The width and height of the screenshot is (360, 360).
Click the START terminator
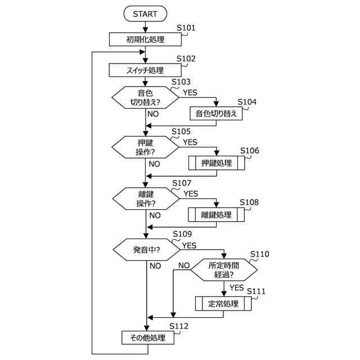click(145, 13)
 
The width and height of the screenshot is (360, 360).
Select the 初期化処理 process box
click(145, 39)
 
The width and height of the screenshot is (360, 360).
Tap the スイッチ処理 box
click(145, 70)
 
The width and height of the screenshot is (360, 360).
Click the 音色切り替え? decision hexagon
click(145, 97)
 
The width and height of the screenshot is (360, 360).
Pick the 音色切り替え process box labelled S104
click(216, 114)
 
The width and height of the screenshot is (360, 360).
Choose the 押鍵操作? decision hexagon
click(145, 147)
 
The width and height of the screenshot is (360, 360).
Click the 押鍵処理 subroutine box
click(217, 163)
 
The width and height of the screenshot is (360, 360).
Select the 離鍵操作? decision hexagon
click(146, 199)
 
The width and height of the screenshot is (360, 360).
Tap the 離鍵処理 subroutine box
click(216, 215)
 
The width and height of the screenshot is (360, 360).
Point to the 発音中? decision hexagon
click(146, 250)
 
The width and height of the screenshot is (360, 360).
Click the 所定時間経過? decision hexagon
click(224, 270)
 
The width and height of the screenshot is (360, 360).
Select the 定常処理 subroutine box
click(223, 304)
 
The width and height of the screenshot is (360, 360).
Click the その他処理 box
click(148, 337)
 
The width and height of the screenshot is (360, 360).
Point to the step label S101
click(186, 28)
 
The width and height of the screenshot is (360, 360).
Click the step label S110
click(260, 254)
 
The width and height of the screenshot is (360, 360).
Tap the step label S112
click(179, 326)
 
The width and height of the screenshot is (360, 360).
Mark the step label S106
click(250, 151)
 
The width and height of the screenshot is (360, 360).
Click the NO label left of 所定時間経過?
click(184, 265)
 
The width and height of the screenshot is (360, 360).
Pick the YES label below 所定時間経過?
click(236, 287)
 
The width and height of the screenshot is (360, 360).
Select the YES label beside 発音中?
click(189, 245)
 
